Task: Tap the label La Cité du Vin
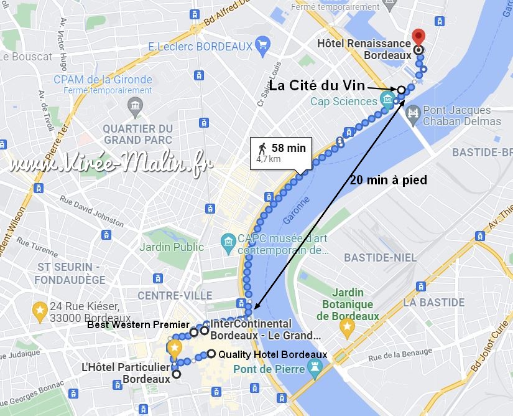point(317,85)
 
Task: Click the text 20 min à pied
point(388,181)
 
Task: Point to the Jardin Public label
point(171,247)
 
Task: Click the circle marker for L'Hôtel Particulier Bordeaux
point(177,374)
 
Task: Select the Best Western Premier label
point(137,324)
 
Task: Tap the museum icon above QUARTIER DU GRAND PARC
point(134,106)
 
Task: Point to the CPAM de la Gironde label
point(103,79)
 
